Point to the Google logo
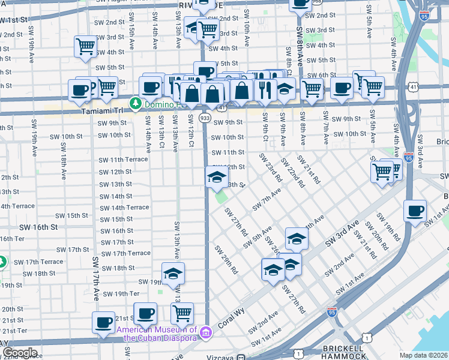(x=19, y=353)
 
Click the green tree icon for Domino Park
(x=136, y=104)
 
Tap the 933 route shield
(x=205, y=119)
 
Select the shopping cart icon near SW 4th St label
(x=85, y=46)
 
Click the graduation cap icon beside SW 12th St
(x=217, y=176)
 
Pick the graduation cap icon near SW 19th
(x=173, y=274)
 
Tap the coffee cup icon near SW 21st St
(x=103, y=323)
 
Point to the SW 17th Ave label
(x=96, y=278)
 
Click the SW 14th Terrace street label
(x=124, y=208)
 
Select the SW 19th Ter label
(x=121, y=293)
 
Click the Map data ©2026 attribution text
(x=423, y=355)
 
